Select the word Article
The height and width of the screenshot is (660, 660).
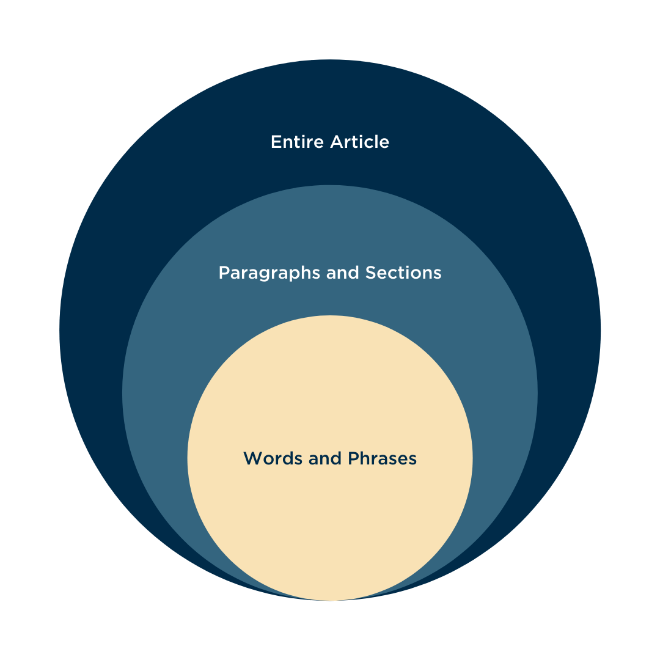[359, 142]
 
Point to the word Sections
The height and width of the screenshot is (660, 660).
[403, 273]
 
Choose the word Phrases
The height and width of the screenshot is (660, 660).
[383, 458]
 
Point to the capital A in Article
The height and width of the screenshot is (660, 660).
[336, 142]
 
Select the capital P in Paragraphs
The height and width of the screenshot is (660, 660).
[224, 273]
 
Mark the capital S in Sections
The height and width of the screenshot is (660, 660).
[370, 273]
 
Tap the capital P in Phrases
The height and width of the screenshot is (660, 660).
[353, 458]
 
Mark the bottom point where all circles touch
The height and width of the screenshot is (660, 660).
[330, 600]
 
